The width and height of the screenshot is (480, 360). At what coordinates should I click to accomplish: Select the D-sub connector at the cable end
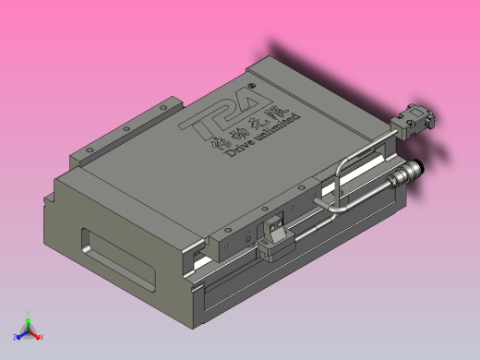click(x=414, y=119)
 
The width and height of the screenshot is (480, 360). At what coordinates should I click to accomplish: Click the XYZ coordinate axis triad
click(x=28, y=328)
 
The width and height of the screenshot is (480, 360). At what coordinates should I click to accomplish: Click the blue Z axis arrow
click(x=18, y=335)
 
